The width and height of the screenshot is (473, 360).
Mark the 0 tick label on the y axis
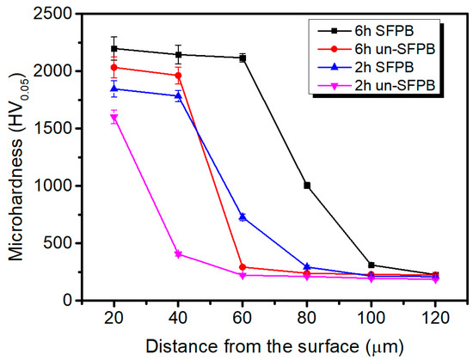(77, 300)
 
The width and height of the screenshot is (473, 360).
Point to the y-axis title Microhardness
(19, 156)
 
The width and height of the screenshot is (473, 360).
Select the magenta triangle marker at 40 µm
(178, 254)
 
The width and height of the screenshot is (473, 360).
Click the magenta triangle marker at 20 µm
(114, 118)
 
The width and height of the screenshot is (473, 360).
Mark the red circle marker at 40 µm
(178, 76)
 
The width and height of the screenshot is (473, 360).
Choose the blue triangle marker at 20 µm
(114, 88)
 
